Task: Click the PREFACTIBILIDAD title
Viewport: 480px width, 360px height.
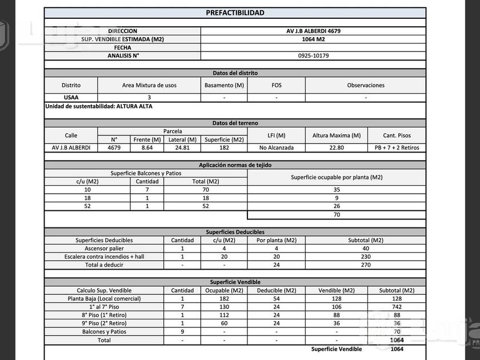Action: pyautogui.click(x=235, y=13)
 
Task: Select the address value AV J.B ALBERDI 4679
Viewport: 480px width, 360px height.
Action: pyautogui.click(x=313, y=31)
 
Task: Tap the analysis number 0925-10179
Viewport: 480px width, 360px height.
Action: pyautogui.click(x=313, y=56)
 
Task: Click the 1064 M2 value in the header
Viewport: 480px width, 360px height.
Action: pyautogui.click(x=313, y=39)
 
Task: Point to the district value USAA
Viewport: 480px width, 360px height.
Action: pyautogui.click(x=71, y=98)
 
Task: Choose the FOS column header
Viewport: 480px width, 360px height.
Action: pyautogui.click(x=277, y=85)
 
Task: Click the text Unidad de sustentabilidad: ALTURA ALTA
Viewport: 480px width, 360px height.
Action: pyautogui.click(x=99, y=106)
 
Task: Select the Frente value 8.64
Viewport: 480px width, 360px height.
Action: pyautogui.click(x=147, y=147)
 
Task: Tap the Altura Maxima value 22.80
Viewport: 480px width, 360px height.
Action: pyautogui.click(x=337, y=147)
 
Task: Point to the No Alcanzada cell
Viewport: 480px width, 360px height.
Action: pyautogui.click(x=277, y=147)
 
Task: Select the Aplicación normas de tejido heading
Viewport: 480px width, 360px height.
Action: pyautogui.click(x=235, y=165)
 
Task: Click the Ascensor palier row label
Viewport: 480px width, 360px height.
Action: pyautogui.click(x=104, y=249)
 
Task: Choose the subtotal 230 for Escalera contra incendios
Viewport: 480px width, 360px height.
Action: pyautogui.click(x=365, y=257)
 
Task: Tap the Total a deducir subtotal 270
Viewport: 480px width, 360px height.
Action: pyautogui.click(x=365, y=265)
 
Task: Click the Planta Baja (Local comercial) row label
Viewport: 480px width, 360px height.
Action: pyautogui.click(x=104, y=298)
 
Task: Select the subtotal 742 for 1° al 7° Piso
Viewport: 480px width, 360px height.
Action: pyautogui.click(x=397, y=307)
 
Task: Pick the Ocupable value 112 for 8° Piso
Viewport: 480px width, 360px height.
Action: pyautogui.click(x=224, y=315)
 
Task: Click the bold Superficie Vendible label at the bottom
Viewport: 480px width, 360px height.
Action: pyautogui.click(x=337, y=349)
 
